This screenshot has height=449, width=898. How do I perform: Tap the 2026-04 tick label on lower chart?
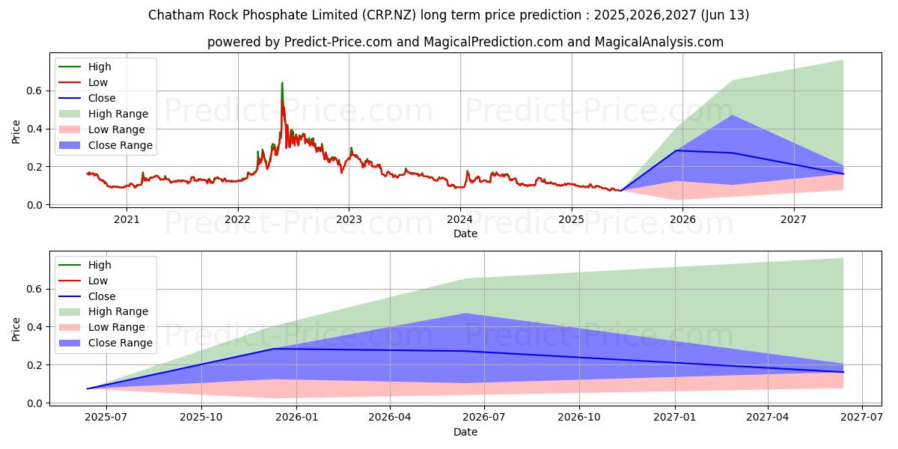391,418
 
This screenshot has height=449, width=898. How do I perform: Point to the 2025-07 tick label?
106,418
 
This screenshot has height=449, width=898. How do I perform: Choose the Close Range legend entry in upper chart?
120,145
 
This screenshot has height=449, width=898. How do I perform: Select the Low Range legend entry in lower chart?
117,327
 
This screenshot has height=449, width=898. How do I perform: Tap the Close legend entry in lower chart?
102,296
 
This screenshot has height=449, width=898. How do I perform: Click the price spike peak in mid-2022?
282,83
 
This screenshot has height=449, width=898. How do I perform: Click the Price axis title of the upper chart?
16,131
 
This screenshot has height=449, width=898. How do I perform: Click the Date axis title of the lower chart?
465,432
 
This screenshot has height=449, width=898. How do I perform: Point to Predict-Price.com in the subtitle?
338,42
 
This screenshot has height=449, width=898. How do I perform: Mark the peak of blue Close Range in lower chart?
465,314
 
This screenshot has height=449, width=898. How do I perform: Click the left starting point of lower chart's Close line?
88,388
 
